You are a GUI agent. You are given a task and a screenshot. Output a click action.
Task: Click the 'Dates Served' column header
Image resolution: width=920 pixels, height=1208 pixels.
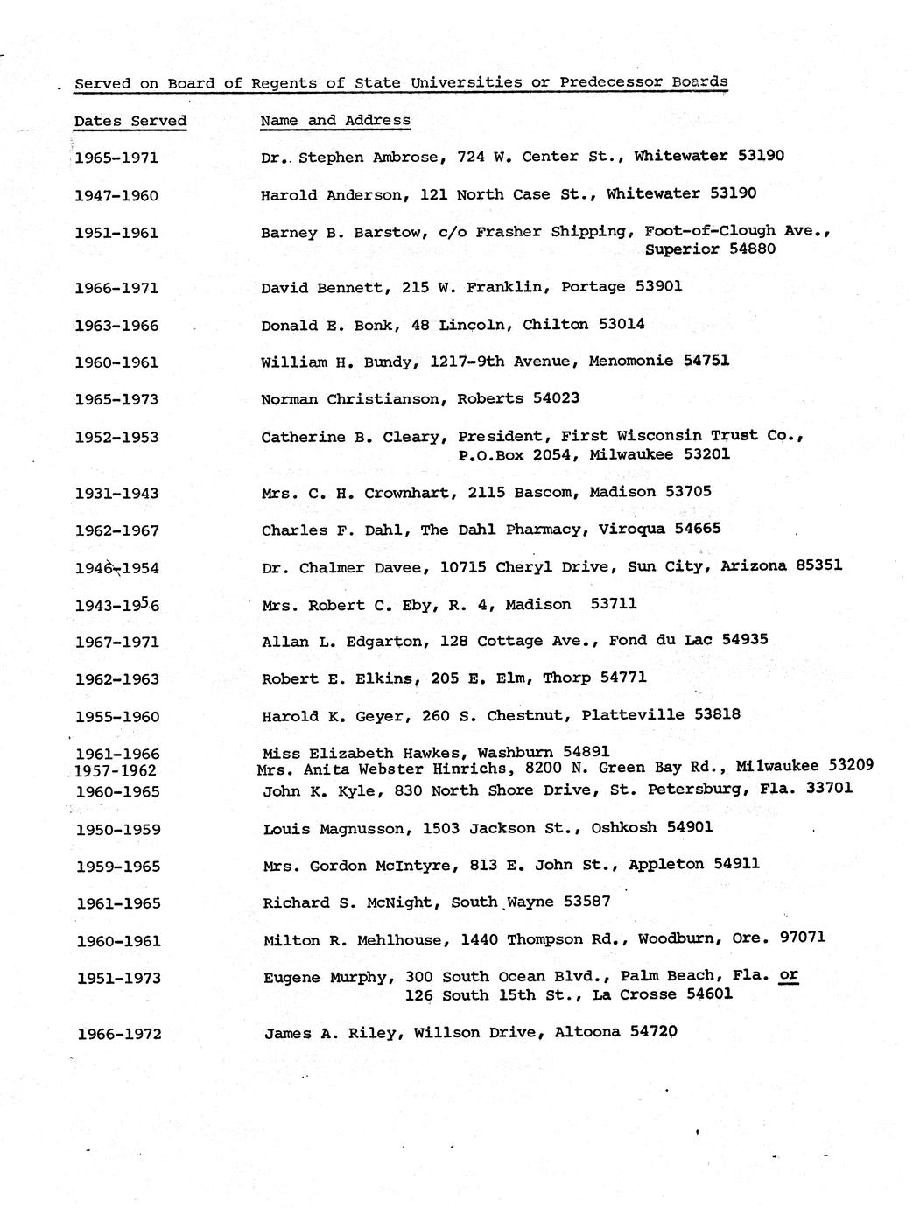coord(130,122)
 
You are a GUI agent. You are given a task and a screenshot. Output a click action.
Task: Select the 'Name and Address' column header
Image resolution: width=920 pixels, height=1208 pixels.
coord(335,121)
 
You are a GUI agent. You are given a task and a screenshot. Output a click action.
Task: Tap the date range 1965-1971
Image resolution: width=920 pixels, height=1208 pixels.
coord(116,158)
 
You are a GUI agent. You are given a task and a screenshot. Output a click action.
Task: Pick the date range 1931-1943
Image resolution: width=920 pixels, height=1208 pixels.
coord(116,494)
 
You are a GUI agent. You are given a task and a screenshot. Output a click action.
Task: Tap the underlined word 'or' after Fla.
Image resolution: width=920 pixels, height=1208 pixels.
coord(788,975)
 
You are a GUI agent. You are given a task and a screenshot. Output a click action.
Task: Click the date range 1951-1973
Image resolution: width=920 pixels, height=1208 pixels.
coord(118,979)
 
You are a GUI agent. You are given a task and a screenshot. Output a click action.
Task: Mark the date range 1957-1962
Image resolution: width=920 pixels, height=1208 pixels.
coord(116,771)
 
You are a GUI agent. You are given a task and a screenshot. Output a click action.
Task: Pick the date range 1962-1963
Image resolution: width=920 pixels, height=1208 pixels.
coord(117,679)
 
